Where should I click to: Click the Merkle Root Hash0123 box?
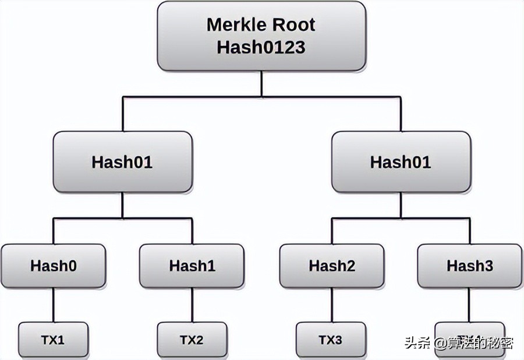261,36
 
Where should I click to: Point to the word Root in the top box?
295,25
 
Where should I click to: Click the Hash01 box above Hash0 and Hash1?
122,162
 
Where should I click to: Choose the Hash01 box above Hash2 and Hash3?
401,162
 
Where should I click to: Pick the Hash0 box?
54,266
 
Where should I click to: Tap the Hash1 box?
192,266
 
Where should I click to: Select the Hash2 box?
331,266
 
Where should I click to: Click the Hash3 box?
470,266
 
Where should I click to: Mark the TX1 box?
54,340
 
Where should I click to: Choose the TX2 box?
192,340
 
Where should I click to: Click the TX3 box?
331,340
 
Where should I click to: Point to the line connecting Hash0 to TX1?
54,305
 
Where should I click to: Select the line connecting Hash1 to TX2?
192,305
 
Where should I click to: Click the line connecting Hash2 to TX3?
331,305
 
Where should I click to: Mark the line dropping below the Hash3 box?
470,305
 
